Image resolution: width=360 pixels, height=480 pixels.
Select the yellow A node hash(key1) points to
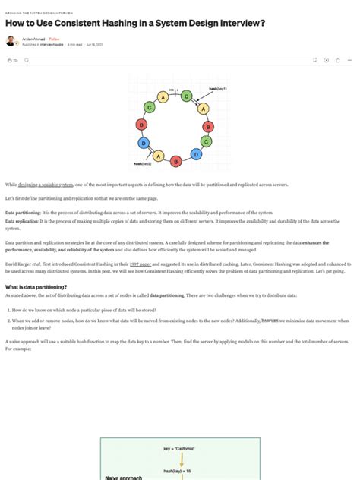tap(203, 109)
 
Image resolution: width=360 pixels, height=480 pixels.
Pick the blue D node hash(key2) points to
tap(143, 142)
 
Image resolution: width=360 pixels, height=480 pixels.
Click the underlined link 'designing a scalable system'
tap(46, 185)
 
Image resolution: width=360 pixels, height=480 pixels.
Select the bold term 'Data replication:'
tap(23, 221)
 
